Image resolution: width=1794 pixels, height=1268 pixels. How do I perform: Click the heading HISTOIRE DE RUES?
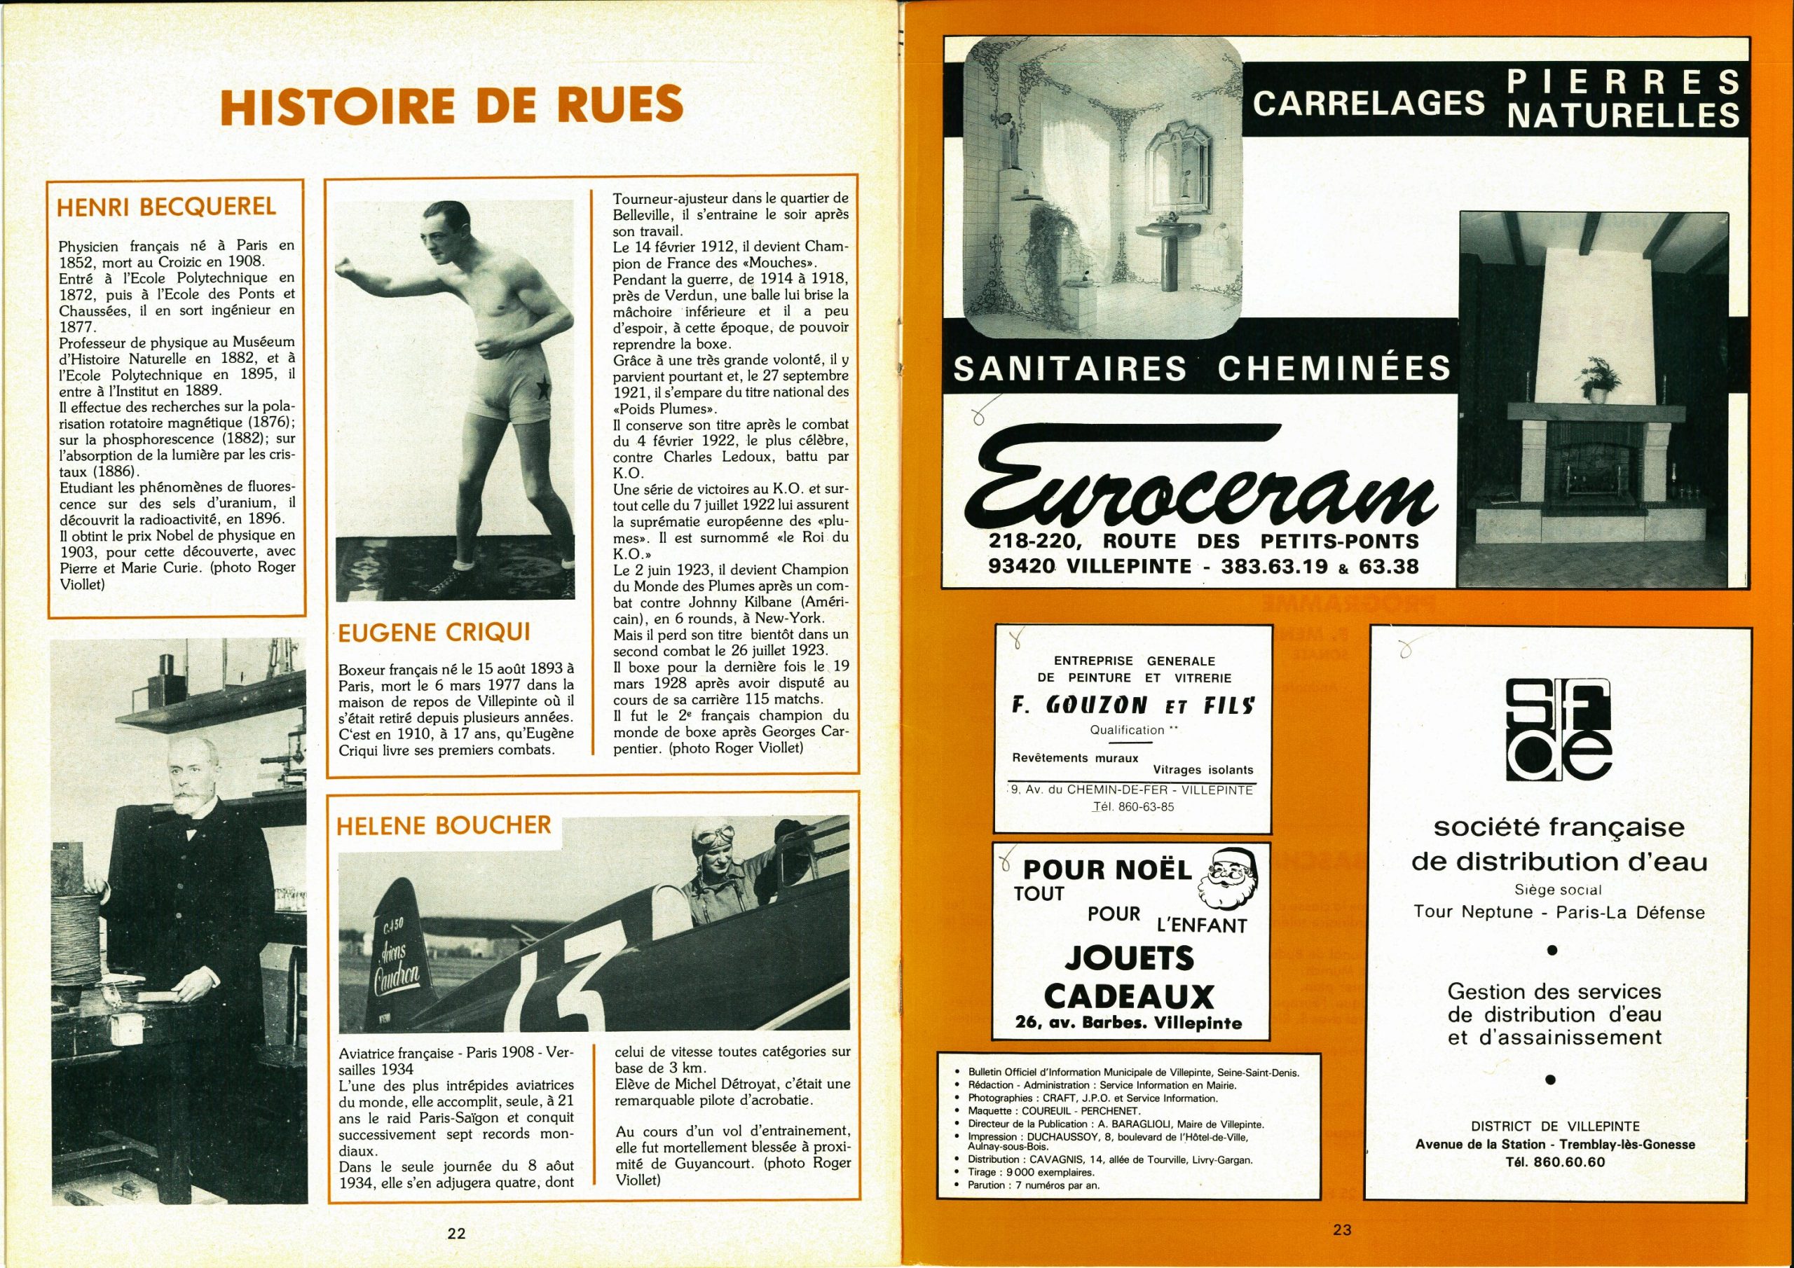[x=451, y=106]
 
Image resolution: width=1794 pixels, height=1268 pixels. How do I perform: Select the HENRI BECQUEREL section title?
[x=166, y=207]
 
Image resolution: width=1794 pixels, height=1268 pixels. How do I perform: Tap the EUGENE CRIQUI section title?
[x=435, y=632]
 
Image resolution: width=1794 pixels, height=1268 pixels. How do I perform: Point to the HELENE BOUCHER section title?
[x=444, y=826]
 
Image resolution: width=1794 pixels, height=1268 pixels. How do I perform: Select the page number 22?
[x=456, y=1234]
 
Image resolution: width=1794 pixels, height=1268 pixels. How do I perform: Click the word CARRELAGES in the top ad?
[x=1369, y=104]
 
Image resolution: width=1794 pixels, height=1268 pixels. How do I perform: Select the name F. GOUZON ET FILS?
[x=1133, y=705]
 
